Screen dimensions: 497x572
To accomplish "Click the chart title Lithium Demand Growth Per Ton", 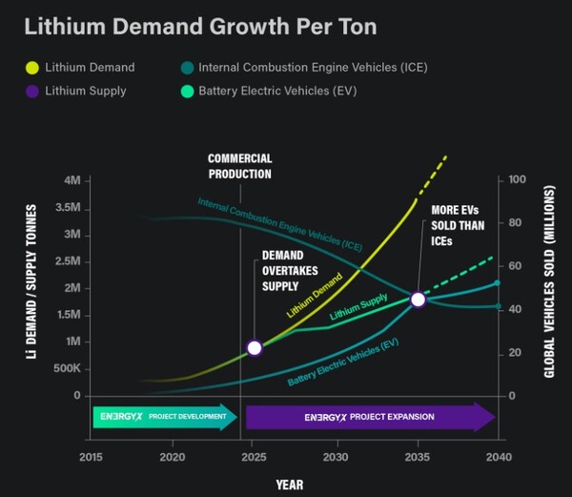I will point(199,26).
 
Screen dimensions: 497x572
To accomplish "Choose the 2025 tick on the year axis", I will point(254,457).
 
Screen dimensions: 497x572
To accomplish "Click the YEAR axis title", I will point(290,485).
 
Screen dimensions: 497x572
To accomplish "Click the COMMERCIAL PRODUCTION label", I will point(240,166).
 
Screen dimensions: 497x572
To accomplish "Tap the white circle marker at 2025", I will point(254,348).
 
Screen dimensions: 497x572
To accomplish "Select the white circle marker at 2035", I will point(418,300).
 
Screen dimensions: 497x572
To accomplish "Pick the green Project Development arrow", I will point(165,417).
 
